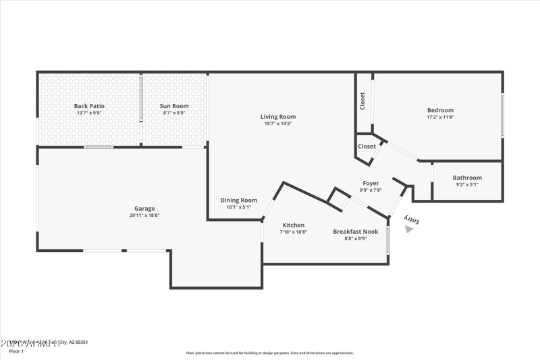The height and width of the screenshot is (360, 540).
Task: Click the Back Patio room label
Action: point(89,106)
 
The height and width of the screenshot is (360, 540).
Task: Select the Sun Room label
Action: point(174,106)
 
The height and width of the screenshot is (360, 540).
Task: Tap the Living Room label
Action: point(278,117)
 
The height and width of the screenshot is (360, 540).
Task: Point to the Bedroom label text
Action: point(440,110)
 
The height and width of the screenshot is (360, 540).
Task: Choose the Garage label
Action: point(144,209)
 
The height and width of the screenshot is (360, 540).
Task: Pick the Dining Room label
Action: point(239,200)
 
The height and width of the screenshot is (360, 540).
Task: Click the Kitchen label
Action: point(293,225)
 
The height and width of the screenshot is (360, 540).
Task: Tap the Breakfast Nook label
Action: point(350,232)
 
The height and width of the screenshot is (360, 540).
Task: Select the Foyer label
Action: point(371,183)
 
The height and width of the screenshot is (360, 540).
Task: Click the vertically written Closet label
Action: point(362,101)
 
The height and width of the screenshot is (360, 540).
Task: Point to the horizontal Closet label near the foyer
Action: point(367,146)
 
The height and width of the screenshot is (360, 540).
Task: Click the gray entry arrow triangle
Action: point(408,229)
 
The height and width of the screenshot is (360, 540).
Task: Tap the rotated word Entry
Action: point(412,219)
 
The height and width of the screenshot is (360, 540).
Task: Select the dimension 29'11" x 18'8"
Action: point(144,215)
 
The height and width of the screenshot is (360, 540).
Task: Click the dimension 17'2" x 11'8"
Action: point(440,117)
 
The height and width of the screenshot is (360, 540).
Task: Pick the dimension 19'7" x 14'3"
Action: point(278,124)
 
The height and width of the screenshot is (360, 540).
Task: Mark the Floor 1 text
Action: point(16,351)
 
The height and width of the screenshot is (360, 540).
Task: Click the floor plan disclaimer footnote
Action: point(270,353)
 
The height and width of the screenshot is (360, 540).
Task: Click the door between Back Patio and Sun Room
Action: point(141,99)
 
